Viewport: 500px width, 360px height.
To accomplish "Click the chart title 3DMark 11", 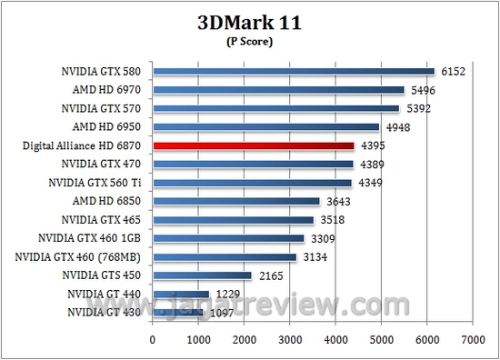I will coord(249,23).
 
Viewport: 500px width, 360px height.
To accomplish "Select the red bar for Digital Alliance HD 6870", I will coord(254,145).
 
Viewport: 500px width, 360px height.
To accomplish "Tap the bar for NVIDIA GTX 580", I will coord(294,71).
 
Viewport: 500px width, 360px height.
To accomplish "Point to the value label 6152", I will coord(453,72).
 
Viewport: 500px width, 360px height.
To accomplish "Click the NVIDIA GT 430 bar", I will coord(177,313).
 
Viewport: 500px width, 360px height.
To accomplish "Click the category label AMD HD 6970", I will coord(114,90).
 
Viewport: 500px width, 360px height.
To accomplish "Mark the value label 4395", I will coord(373,146).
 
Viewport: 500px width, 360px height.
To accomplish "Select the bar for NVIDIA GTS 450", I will coord(202,275).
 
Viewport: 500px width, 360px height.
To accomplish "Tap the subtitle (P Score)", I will coord(249,41).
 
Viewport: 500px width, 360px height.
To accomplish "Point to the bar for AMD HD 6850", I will coord(236,201).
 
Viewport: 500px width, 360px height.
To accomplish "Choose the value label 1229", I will coord(228,295).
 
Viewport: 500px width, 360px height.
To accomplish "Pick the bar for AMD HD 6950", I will coord(265,127).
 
